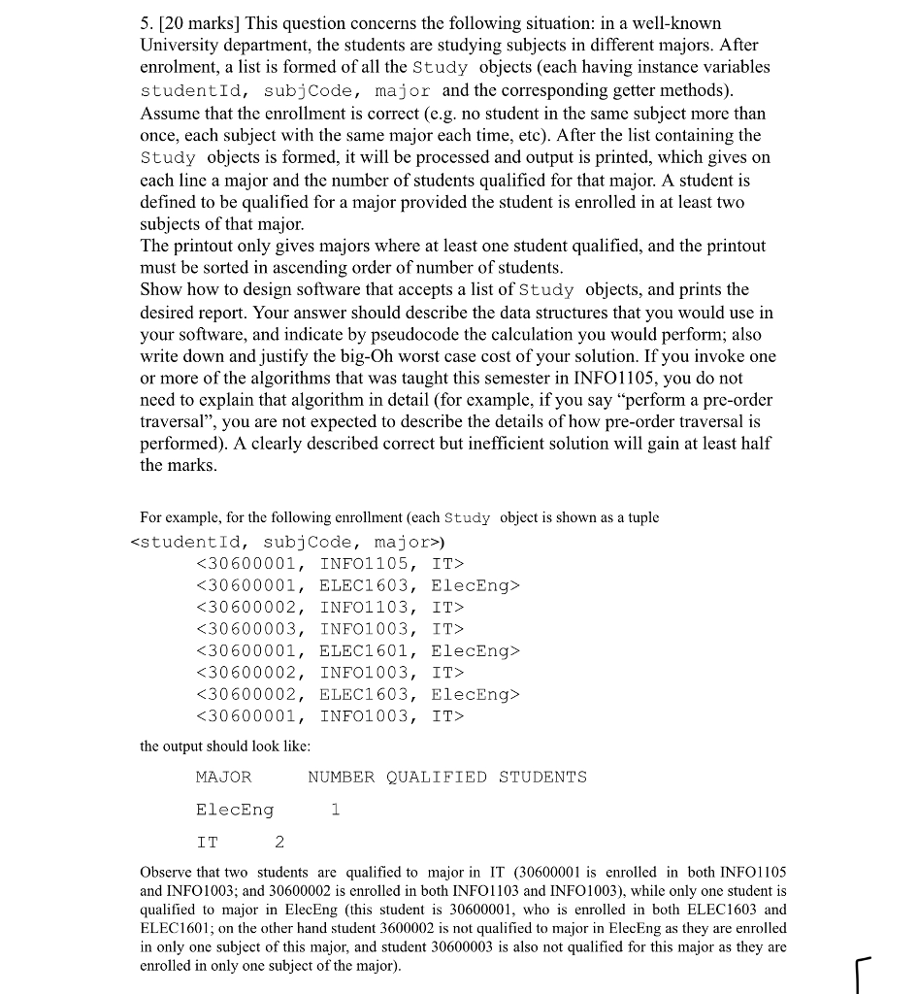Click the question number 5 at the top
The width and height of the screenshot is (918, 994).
[x=147, y=22]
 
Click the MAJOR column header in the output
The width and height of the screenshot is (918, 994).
[x=223, y=778]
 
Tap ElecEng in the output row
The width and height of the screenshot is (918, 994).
[x=235, y=810]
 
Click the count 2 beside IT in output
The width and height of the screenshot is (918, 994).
[x=279, y=842]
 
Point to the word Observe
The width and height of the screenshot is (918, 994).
[x=171, y=873]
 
